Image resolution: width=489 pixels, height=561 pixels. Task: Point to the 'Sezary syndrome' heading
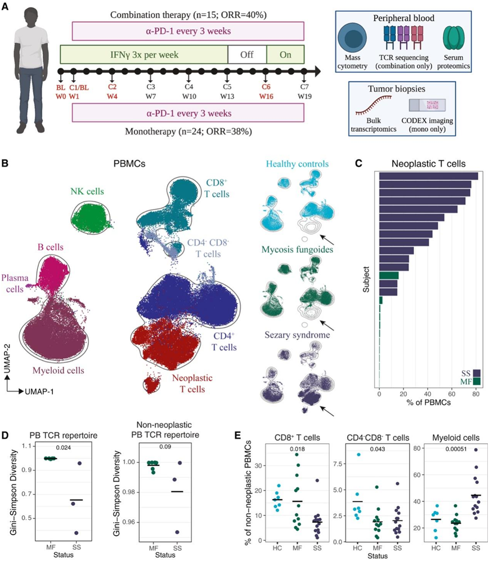[x=298, y=335]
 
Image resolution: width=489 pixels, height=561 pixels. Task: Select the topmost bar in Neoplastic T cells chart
[x=428, y=176]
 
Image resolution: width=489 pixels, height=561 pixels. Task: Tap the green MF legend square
[x=476, y=381]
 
